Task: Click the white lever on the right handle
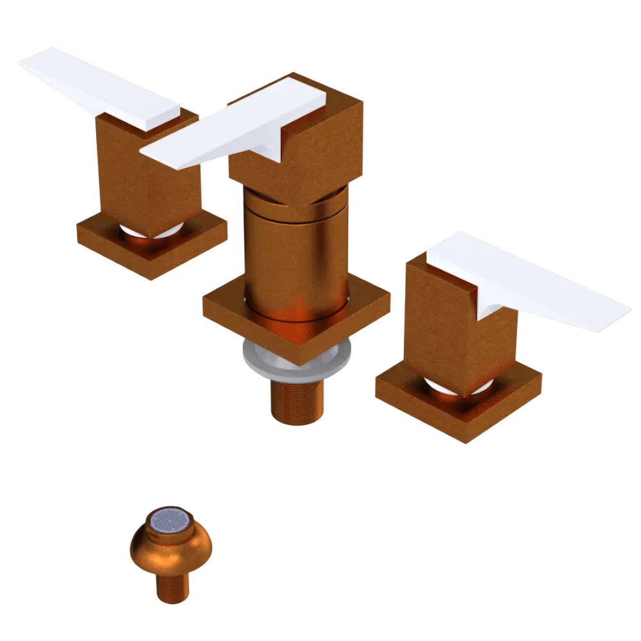coord(532,282)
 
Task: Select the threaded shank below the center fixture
coord(296,401)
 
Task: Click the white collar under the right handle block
coord(442,385)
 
